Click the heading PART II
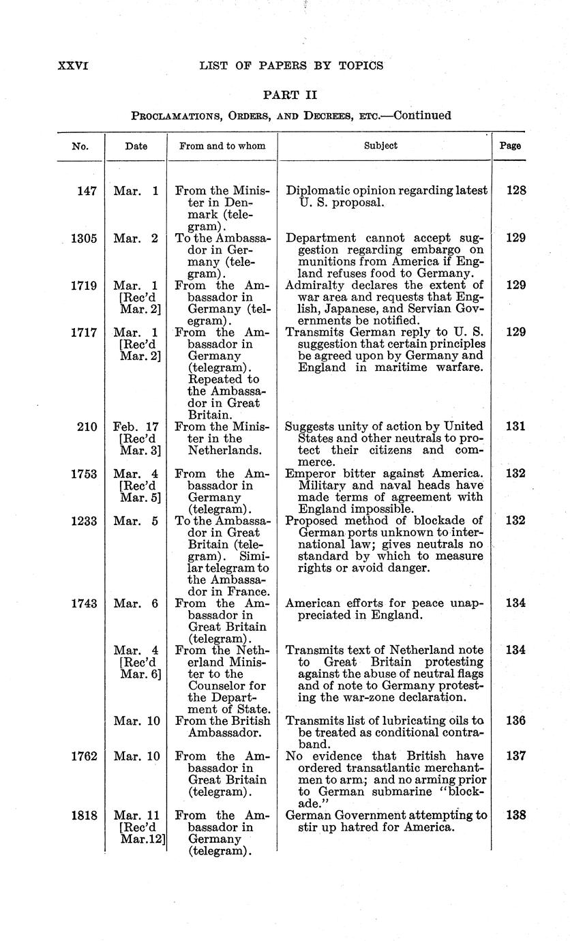click(290, 95)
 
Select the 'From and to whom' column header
click(222, 145)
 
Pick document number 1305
click(84, 239)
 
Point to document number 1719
click(84, 286)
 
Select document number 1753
click(84, 474)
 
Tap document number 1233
click(84, 521)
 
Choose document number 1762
click(84, 756)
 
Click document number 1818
click(84, 815)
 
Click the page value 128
click(516, 192)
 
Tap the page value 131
click(516, 427)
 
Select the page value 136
click(516, 721)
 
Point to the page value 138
click(516, 815)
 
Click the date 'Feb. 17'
click(136, 427)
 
